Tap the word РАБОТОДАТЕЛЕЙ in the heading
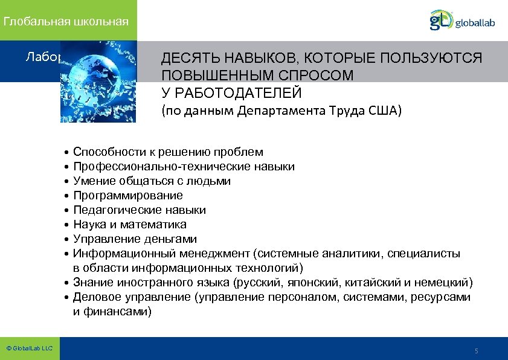point(231,93)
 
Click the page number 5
point(477,351)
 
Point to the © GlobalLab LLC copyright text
point(29,349)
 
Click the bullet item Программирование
point(128,196)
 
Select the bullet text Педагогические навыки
point(140,210)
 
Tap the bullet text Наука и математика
point(130,225)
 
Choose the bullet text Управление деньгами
point(135,239)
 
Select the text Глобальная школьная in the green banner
point(66,22)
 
